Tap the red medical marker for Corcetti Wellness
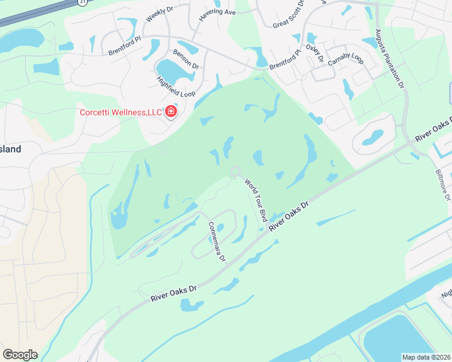(x=171, y=112)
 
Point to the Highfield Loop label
(x=172, y=89)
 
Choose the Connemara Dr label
(x=216, y=241)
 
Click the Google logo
(x=20, y=355)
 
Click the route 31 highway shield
(x=82, y=2)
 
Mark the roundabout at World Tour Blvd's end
(x=235, y=173)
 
